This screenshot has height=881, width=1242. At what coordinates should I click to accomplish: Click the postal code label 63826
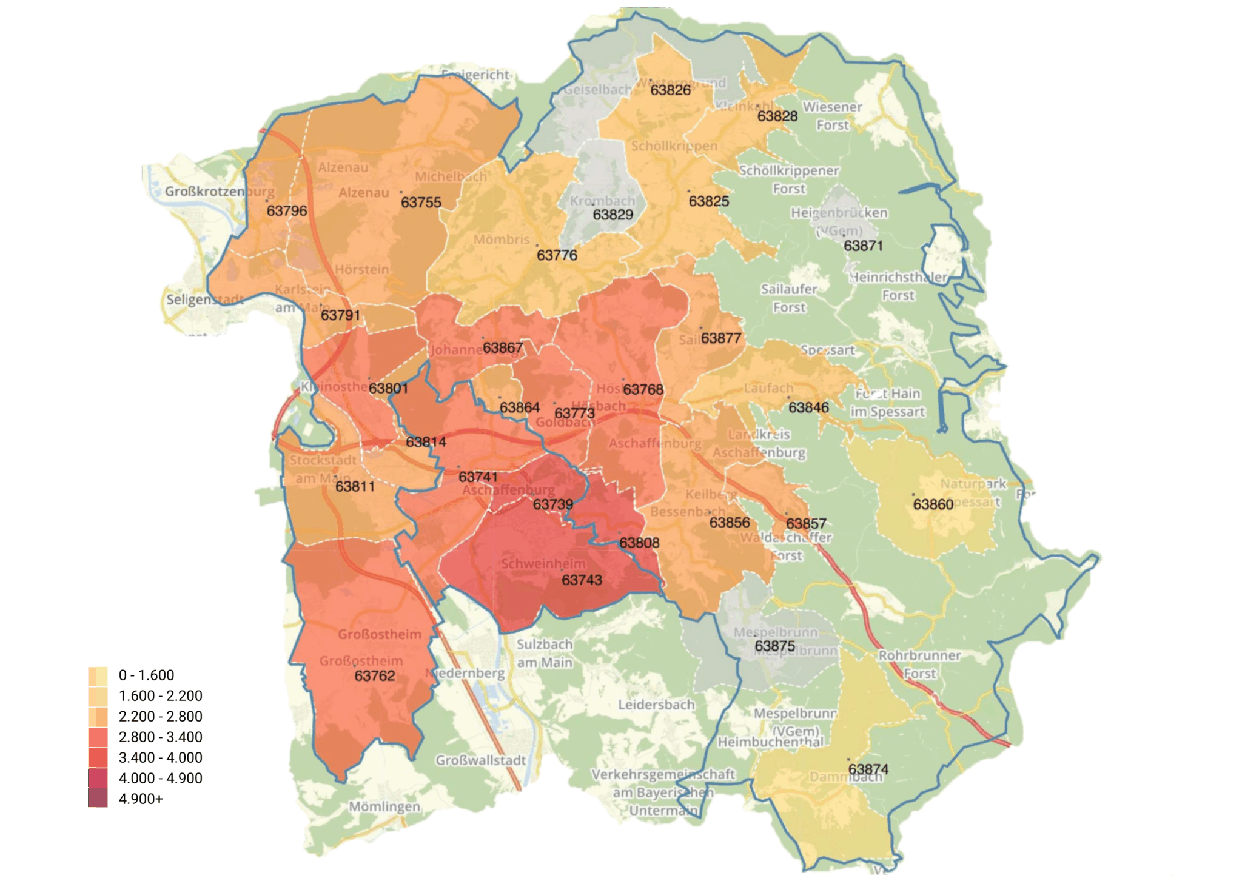[670, 90]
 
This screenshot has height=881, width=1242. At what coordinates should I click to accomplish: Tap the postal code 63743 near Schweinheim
[582, 580]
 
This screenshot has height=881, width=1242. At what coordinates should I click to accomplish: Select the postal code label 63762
[374, 676]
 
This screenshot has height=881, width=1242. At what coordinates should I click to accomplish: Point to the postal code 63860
[933, 504]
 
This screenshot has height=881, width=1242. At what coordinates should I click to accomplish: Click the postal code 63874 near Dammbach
[868, 769]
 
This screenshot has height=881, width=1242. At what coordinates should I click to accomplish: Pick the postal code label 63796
[287, 211]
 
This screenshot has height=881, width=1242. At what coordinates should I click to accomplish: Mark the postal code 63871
[863, 246]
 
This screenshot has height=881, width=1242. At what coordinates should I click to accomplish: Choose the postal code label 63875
[774, 646]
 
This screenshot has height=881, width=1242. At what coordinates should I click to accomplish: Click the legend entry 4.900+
[141, 799]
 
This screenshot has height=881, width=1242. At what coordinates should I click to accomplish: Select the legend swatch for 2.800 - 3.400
[98, 737]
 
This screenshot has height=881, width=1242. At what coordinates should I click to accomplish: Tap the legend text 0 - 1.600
[146, 675]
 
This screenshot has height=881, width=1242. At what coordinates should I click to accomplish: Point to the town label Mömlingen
[384, 807]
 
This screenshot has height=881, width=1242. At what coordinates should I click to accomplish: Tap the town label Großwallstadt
[481, 760]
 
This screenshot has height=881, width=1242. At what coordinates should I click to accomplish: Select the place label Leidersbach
[656, 705]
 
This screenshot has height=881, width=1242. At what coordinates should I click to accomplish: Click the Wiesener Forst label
[832, 116]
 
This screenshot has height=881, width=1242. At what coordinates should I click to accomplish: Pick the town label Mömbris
[502, 240]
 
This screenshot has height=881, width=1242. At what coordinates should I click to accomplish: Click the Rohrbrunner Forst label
[919, 665]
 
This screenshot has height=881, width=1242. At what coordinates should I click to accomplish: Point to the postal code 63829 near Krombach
[613, 215]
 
